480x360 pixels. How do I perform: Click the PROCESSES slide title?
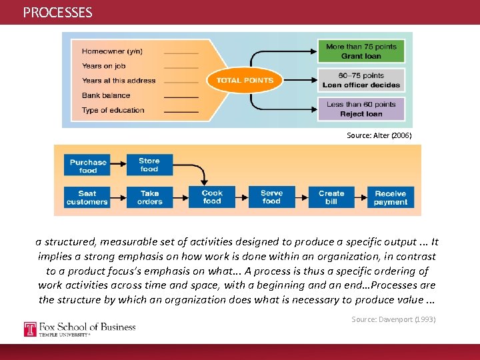[58, 13]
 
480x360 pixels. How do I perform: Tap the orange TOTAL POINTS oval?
[245, 81]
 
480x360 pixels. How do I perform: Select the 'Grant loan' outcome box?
[361, 51]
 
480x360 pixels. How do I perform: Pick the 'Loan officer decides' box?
[361, 80]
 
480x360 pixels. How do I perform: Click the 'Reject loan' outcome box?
[361, 109]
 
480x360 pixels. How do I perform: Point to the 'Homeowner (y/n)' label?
[112, 51]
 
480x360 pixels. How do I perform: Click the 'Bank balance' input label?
[106, 95]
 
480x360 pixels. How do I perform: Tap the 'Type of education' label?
[113, 110]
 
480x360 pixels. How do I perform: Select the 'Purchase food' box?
[87, 166]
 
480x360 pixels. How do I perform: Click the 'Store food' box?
[149, 165]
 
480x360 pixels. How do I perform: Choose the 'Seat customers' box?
[87, 197]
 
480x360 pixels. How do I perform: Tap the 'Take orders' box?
[149, 197]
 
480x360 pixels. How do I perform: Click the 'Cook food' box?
[212, 197]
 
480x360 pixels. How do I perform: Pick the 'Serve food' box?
[271, 197]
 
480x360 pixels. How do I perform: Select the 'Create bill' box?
[331, 197]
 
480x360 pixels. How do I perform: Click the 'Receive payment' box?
[391, 197]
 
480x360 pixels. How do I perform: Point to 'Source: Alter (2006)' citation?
[379, 135]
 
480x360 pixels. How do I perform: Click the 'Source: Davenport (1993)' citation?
[393, 319]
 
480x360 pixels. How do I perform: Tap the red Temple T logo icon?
[30, 329]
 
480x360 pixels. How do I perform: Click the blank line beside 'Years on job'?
[181, 67]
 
